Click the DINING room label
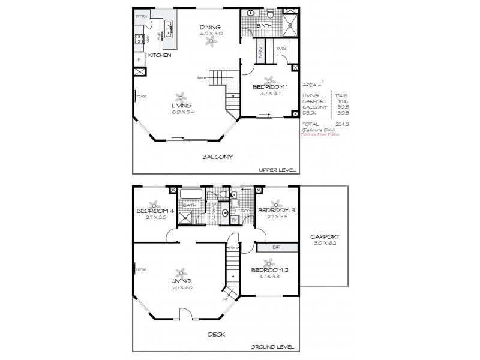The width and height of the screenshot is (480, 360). (211, 27)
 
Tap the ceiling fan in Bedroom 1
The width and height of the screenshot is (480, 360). (270, 79)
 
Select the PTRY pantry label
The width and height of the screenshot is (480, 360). (142, 16)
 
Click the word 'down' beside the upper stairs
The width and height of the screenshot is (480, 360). (202, 77)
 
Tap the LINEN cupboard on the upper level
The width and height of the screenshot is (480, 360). (260, 50)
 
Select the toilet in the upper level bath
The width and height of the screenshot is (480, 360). (269, 13)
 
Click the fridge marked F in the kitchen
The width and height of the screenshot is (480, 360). (140, 59)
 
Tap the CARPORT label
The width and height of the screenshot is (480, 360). (326, 236)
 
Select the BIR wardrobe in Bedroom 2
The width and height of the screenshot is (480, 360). (277, 247)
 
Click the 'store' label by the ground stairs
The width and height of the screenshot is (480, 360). (233, 247)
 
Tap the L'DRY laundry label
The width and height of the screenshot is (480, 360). (244, 210)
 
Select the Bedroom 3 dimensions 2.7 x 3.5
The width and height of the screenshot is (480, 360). (277, 217)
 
